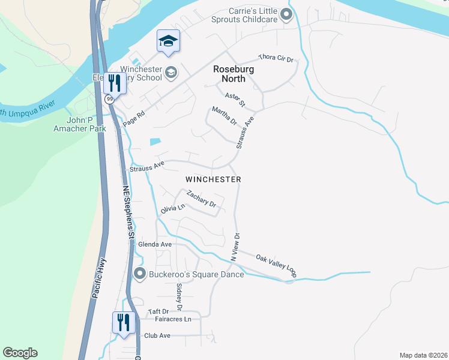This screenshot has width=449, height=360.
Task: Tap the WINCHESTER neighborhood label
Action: (x=213, y=179)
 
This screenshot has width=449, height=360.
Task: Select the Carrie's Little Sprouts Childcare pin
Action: (x=286, y=14)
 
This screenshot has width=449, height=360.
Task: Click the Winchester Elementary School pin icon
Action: (x=171, y=72)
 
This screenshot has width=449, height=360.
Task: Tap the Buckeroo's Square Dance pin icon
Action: (x=140, y=274)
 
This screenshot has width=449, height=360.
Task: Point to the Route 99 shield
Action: (x=110, y=99)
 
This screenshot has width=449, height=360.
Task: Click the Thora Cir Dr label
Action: (x=276, y=58)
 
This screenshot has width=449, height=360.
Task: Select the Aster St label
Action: (x=235, y=100)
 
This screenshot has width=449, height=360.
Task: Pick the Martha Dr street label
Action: (x=224, y=115)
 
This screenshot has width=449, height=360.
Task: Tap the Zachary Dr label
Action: (x=200, y=199)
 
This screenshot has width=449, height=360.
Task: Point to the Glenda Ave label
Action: (x=155, y=244)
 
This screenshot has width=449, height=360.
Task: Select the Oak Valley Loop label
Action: (x=276, y=265)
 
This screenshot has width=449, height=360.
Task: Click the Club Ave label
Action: (x=157, y=335)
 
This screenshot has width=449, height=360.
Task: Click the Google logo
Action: (x=20, y=353)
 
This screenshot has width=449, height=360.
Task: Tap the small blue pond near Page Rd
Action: (x=155, y=142)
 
